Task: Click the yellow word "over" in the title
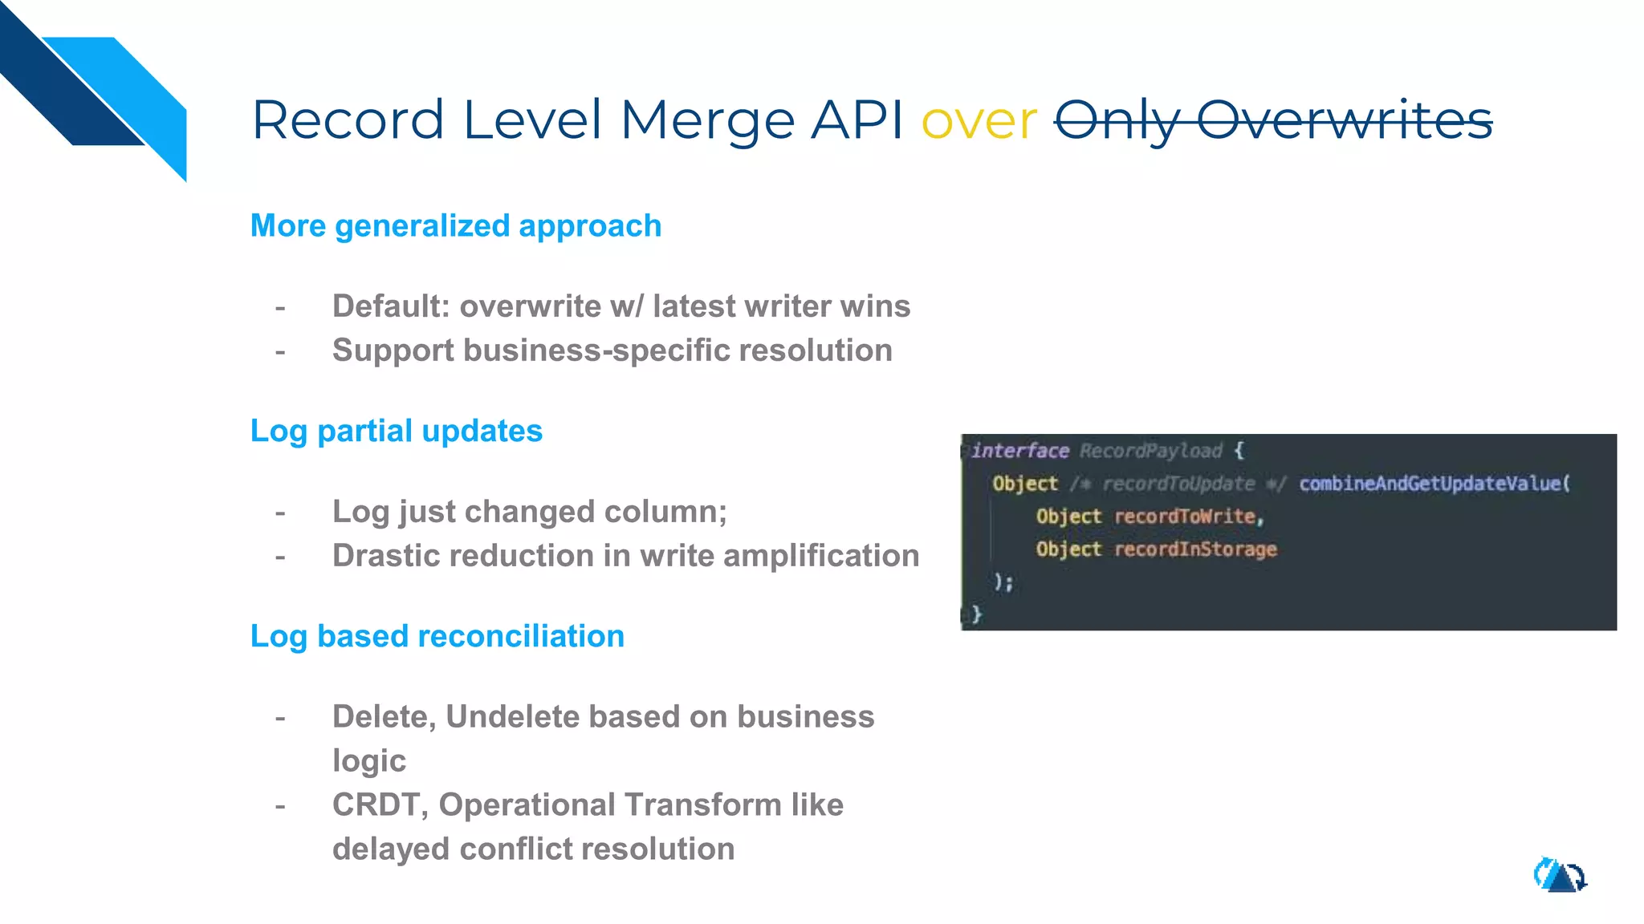[x=979, y=121]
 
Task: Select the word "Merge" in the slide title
[x=706, y=121]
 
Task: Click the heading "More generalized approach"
[x=455, y=226]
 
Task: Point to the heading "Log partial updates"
[x=396, y=432]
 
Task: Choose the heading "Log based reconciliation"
[x=437, y=637]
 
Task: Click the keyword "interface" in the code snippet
[x=1019, y=451]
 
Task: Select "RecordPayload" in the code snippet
[x=1150, y=451]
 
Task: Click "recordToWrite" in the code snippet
[x=1185, y=517]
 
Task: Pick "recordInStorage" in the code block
[x=1195, y=549]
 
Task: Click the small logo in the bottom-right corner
[x=1560, y=876]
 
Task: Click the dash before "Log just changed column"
[x=280, y=513]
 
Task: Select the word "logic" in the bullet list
[x=369, y=761]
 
